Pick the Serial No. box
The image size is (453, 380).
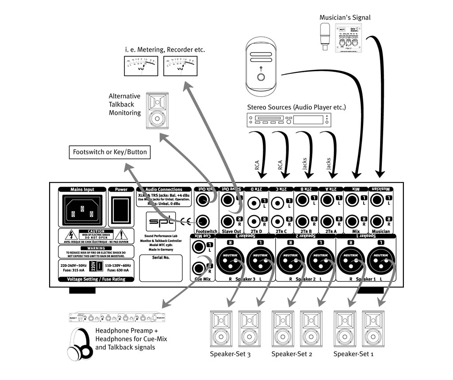(x=161, y=268)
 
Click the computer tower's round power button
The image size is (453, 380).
(x=261, y=77)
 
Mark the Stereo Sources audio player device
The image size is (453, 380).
(x=288, y=120)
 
